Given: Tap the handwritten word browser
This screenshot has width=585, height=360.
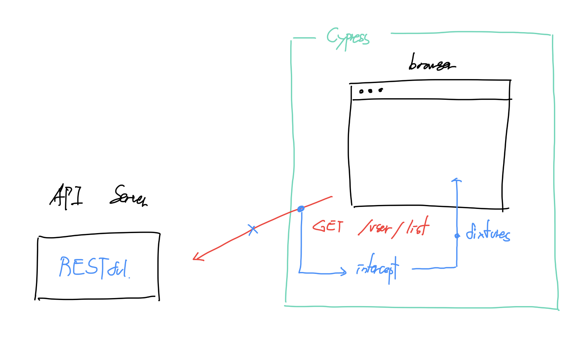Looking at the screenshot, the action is click(x=431, y=63).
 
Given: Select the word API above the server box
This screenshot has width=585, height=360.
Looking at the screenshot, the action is click(x=66, y=197).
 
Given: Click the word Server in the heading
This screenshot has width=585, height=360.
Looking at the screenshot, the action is click(x=129, y=196).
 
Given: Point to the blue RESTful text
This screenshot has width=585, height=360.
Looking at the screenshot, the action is click(x=94, y=267).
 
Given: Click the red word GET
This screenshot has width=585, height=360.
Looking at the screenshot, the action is click(x=328, y=226).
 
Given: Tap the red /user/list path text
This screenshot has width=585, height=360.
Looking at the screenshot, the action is click(x=394, y=227).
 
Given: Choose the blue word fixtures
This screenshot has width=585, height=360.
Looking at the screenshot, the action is click(x=488, y=232).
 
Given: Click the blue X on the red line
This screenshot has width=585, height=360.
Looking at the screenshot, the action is click(x=253, y=230).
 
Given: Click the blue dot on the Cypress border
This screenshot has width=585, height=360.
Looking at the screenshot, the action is click(x=301, y=209).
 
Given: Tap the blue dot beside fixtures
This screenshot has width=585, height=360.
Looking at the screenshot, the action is click(x=457, y=236).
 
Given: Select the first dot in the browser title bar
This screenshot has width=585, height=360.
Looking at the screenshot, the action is click(x=361, y=91).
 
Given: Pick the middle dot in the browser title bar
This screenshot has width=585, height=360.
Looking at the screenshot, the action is click(x=370, y=91).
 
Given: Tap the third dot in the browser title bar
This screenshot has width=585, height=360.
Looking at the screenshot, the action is click(x=381, y=90).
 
